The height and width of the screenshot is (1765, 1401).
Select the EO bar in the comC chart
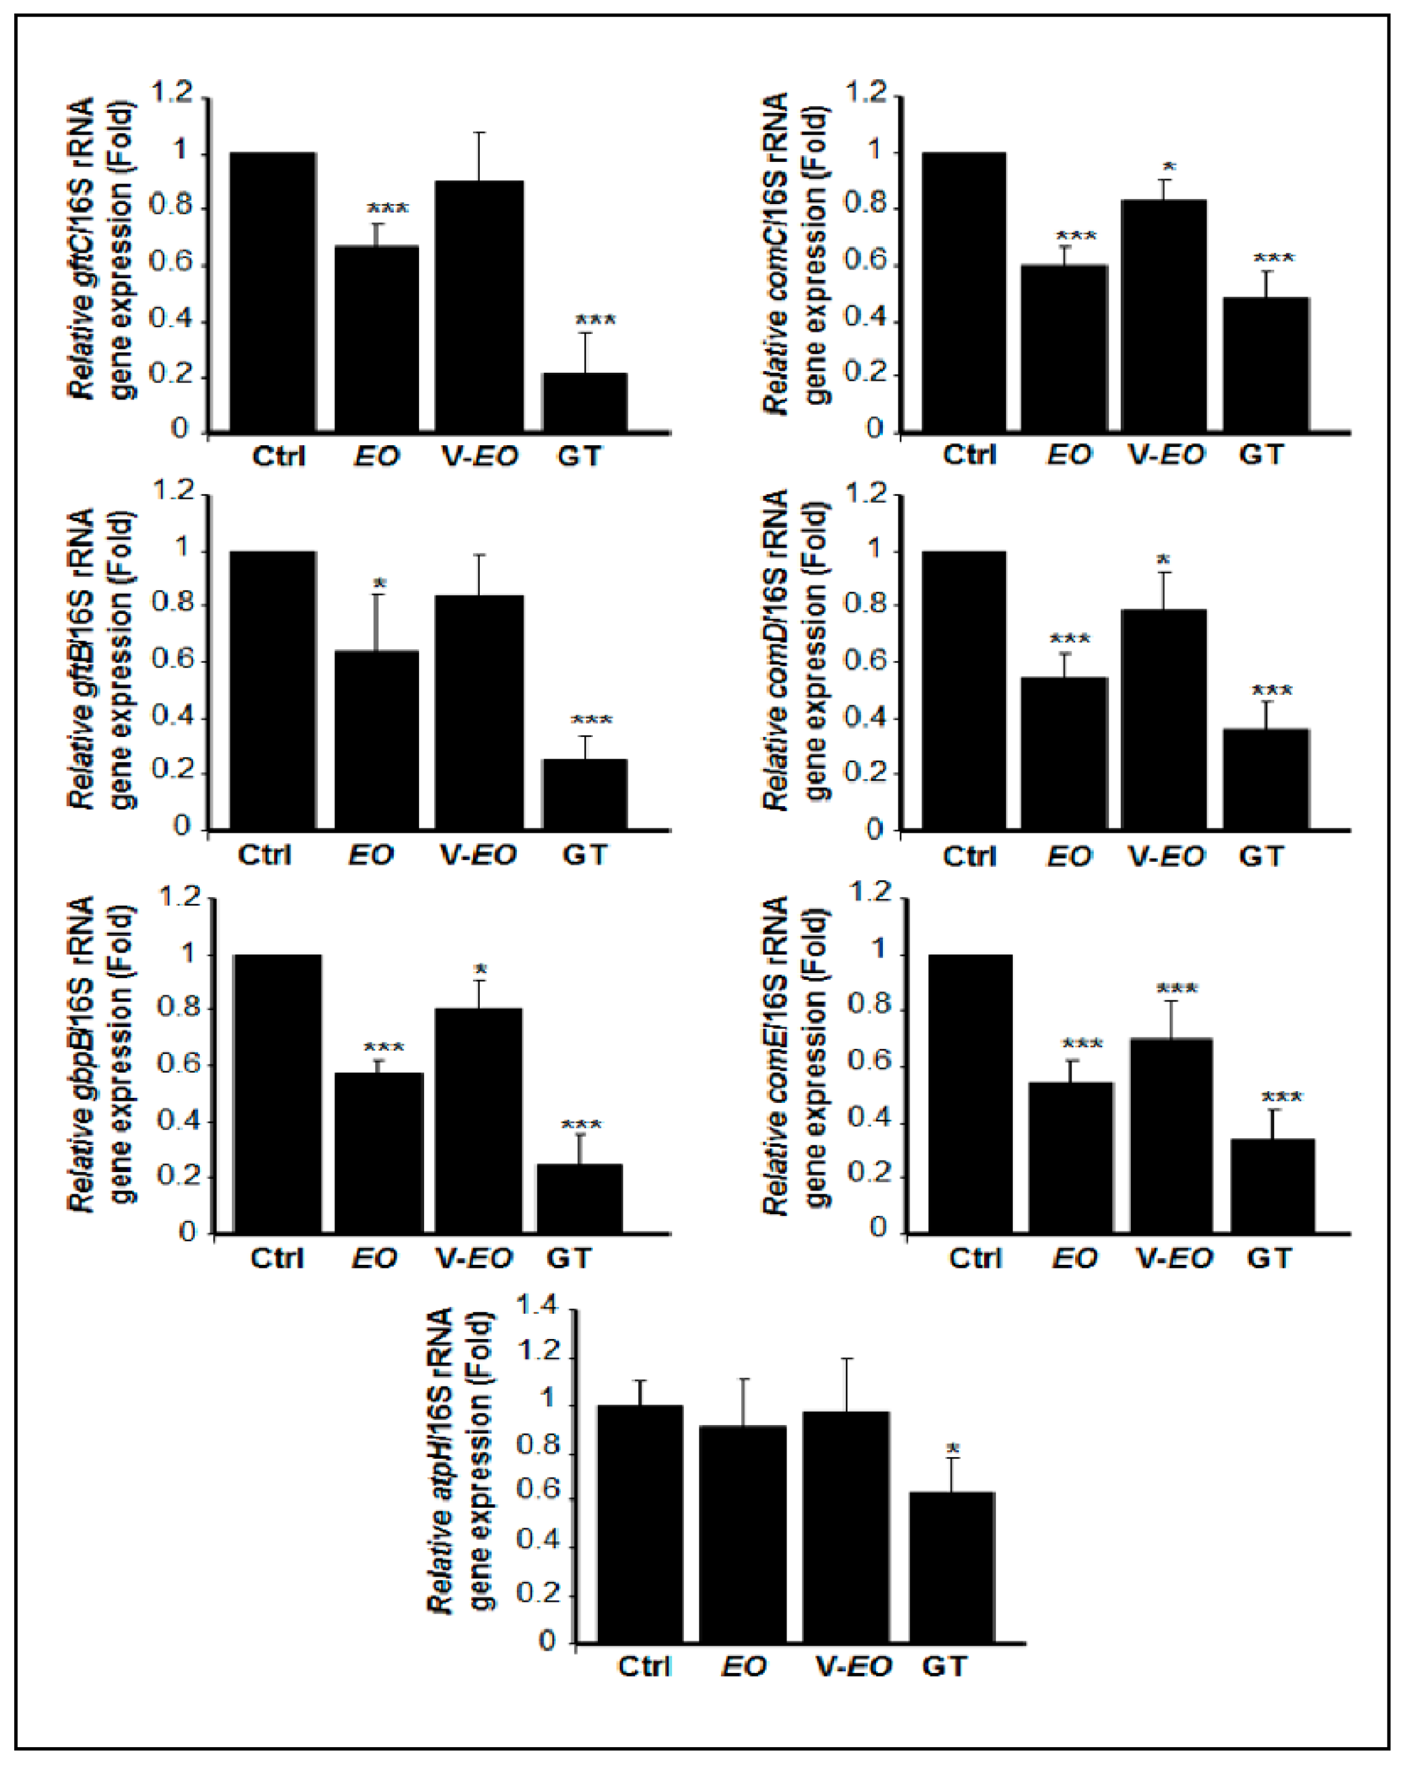pyautogui.click(x=1063, y=348)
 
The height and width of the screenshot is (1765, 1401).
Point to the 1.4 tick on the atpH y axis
pyautogui.click(x=538, y=1306)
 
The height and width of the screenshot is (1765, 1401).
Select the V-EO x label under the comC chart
pyautogui.click(x=1166, y=454)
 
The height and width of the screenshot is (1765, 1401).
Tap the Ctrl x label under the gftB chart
pyautogui.click(x=265, y=854)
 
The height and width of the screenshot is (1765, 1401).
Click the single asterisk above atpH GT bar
pyautogui.click(x=952, y=1450)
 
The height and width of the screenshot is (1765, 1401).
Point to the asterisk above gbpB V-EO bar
pyautogui.click(x=480, y=970)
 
